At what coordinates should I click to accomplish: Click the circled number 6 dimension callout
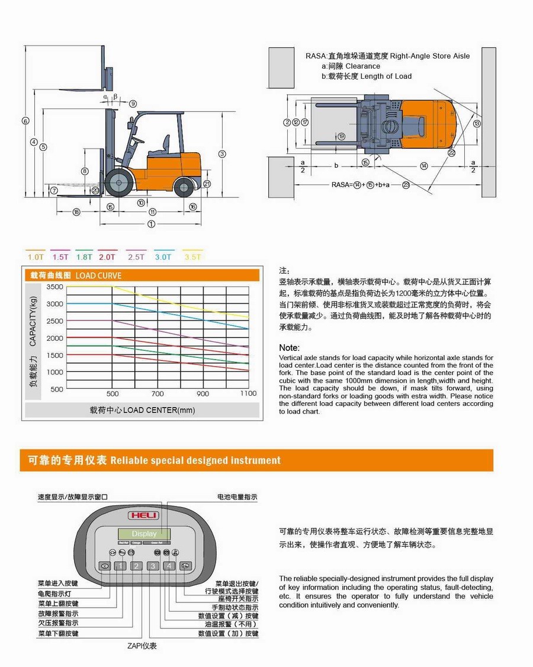point(25,121)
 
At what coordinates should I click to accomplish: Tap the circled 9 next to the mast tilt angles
point(133,104)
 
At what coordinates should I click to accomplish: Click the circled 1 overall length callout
point(151,224)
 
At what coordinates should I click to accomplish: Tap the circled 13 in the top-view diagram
point(477,123)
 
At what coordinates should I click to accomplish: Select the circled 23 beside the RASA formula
point(406,185)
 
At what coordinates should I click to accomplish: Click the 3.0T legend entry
point(163,257)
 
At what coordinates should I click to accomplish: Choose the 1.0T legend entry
point(36,257)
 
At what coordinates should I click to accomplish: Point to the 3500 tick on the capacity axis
point(54,287)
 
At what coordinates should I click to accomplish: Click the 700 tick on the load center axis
point(158,393)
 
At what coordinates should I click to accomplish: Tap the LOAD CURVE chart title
point(98,275)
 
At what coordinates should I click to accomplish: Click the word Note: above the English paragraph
point(289,348)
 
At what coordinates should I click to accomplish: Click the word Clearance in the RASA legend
point(362,66)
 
